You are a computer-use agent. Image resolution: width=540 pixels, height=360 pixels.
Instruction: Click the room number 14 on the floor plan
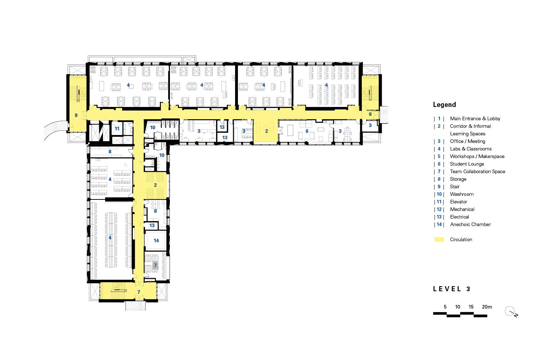(156, 240)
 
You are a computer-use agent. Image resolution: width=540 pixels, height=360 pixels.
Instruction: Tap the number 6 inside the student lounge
(307, 131)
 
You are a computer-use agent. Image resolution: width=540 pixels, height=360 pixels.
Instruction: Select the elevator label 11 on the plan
(117, 129)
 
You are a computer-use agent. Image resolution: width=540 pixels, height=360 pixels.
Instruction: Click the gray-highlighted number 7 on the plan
(155, 265)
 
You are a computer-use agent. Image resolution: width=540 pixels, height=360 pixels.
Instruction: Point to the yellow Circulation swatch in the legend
(439, 239)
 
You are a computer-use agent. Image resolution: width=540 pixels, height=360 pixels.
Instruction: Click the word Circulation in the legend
(461, 239)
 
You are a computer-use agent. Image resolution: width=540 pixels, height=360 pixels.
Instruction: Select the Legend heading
(444, 105)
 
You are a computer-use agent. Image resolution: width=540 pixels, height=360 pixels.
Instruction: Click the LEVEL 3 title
(451, 289)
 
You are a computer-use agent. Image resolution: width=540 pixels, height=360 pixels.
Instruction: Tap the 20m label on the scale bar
(487, 307)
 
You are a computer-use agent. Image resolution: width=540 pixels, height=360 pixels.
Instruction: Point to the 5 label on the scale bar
(445, 307)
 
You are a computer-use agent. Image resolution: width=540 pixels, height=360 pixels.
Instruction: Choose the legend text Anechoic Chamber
(470, 225)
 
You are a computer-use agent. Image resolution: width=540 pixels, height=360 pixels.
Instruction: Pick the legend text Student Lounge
(467, 164)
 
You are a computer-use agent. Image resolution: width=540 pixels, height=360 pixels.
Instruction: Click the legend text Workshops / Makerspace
(477, 157)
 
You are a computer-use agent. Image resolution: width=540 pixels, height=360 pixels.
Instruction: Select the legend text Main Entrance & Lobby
(475, 119)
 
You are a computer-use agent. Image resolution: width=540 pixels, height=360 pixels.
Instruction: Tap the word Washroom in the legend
(462, 194)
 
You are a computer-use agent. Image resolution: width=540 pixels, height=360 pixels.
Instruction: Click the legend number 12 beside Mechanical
(439, 209)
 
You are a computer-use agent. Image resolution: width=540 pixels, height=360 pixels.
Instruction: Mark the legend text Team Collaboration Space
(478, 171)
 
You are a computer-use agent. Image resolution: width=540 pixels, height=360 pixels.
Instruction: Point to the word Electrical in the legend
(459, 217)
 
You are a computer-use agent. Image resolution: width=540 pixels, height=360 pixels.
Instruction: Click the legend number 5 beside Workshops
(439, 157)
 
